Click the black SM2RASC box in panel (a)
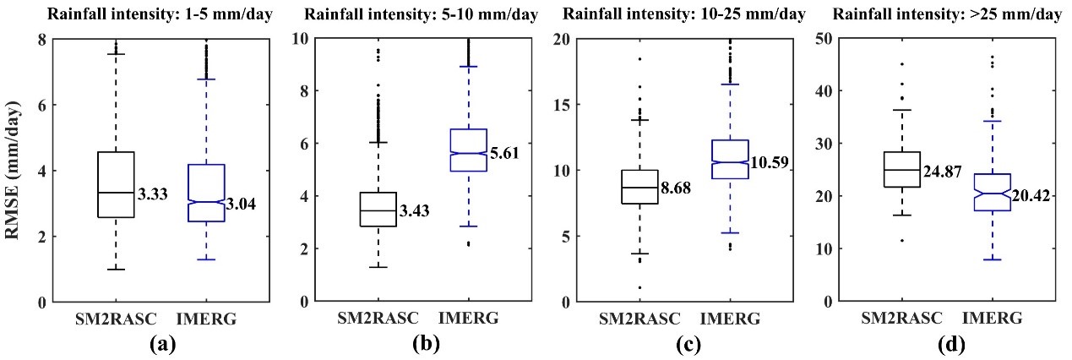pos(116,184)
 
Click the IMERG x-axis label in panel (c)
pos(732,318)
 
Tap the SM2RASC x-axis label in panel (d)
pos(901,318)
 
